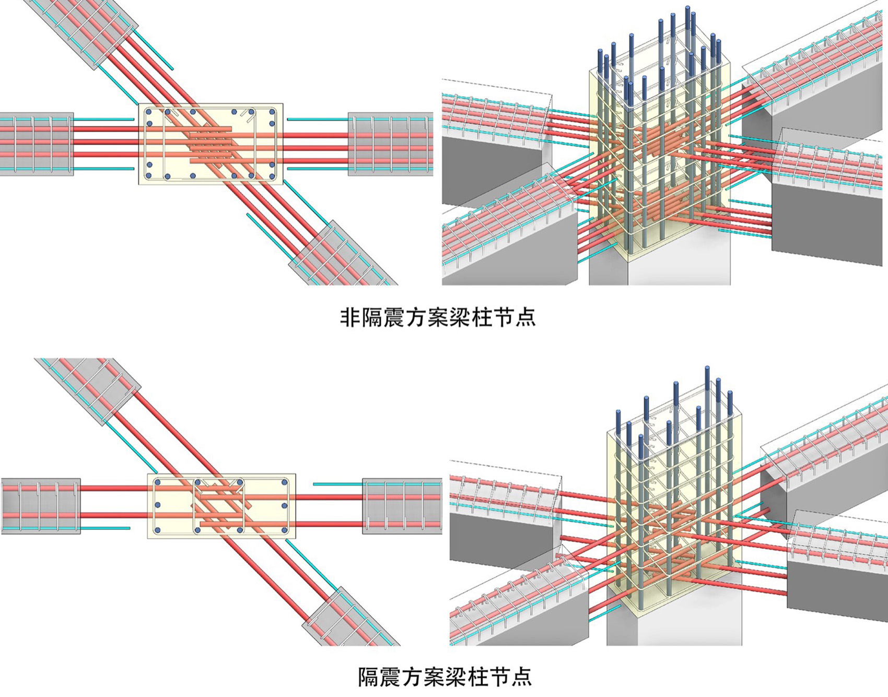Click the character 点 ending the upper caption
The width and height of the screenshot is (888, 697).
[x=525, y=317]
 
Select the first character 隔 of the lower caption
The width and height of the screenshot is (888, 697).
[x=368, y=677]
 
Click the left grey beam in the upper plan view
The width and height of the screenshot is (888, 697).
[x=37, y=144]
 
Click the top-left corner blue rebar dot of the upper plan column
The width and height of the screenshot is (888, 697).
[x=149, y=112]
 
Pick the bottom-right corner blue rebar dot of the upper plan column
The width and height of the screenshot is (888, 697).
[x=272, y=176]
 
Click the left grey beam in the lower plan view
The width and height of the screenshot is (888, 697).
[x=41, y=505]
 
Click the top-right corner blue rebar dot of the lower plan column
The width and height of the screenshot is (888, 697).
[x=285, y=482]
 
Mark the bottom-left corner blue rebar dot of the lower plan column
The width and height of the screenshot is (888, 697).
[x=157, y=530]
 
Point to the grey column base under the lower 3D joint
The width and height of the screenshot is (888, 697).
[x=674, y=627]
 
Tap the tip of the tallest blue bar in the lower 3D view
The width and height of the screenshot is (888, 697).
[x=707, y=369]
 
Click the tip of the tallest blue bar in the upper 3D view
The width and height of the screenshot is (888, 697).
[x=687, y=8]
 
